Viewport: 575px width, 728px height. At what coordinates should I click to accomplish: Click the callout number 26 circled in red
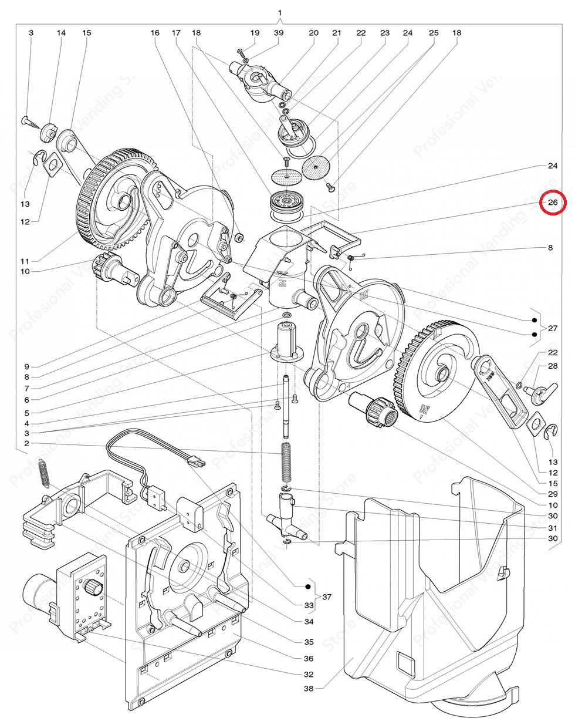(552, 203)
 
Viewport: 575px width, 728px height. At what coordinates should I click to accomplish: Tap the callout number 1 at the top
(280, 13)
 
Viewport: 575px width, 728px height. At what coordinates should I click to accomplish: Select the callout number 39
(279, 33)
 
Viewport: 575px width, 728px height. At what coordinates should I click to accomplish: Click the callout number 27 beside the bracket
(553, 328)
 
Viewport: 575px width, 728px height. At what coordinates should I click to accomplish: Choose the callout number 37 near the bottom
(327, 596)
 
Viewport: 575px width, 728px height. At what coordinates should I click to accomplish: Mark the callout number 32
(309, 674)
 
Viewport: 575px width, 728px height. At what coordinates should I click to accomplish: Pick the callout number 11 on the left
(25, 260)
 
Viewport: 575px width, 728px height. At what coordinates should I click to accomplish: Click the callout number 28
(552, 366)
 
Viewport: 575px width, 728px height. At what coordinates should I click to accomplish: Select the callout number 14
(62, 33)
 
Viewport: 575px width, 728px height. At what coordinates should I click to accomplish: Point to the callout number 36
(309, 658)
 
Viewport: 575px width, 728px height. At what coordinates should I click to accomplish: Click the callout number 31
(552, 527)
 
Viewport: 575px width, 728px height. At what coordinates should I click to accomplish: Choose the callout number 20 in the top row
(313, 33)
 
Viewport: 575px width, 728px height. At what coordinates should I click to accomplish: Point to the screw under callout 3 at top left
(32, 122)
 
